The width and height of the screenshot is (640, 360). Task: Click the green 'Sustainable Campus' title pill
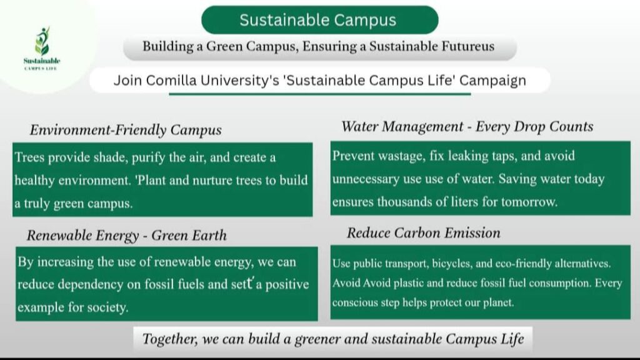319,20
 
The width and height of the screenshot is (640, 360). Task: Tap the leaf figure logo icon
42,41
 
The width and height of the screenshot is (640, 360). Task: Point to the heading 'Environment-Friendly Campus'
126,130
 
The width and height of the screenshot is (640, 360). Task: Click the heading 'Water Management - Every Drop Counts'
467,127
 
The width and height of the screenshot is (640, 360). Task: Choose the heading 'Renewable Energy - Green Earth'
126,236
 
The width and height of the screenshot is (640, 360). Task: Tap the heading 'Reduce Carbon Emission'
424,233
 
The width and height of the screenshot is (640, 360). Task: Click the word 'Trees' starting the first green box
29,157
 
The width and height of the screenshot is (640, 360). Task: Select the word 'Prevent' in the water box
352,156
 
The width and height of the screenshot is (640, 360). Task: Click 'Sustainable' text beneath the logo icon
42,61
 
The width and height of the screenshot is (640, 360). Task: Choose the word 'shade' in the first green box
110,157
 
